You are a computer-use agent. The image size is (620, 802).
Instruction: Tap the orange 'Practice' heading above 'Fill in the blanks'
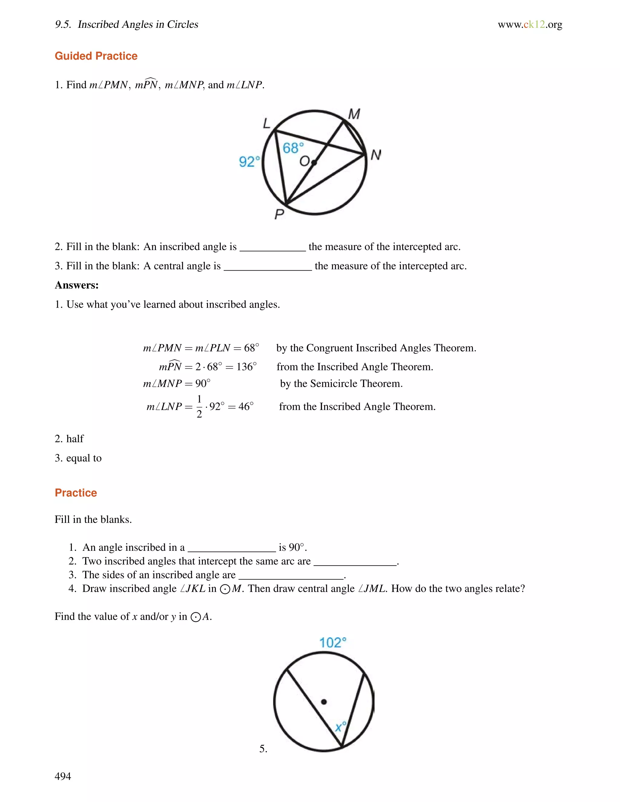pos(76,493)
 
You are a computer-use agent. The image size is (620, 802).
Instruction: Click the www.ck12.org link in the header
pos(530,24)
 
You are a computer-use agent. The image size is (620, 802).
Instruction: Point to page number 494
pos(63,776)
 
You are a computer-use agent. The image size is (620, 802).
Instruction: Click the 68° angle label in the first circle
pos(293,148)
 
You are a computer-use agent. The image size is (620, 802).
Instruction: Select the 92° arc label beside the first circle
pos(249,162)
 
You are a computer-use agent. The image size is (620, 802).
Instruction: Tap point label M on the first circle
pos(354,114)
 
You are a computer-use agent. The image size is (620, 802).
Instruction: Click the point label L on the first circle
pos(267,123)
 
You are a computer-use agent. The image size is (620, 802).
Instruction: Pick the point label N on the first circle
pos(376,155)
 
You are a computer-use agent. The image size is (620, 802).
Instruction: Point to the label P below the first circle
pos(279,214)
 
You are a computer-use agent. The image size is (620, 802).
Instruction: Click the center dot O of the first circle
pos(314,162)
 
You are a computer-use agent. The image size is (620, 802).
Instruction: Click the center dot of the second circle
pos(324,702)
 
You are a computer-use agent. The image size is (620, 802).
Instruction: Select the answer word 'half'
pos(75,439)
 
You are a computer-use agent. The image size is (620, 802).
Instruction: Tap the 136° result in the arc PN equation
pos(246,366)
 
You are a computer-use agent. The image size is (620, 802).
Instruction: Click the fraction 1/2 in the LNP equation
pos(199,406)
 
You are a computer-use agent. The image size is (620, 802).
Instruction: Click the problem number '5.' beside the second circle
pos(263,748)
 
